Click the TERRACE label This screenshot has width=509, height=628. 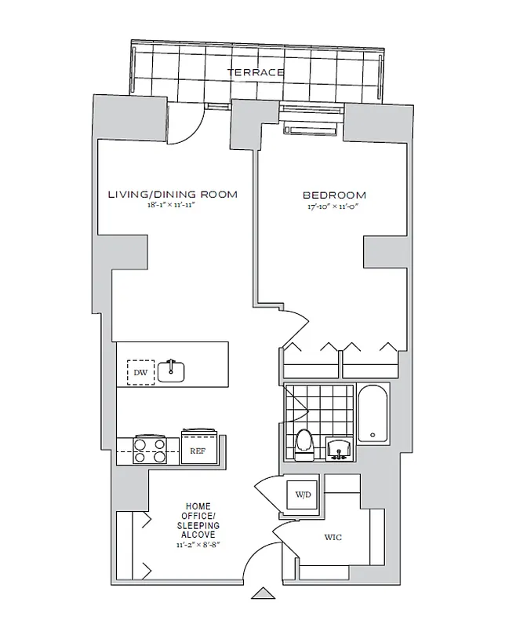pos(255,72)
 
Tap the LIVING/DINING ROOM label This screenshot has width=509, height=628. pos(173,194)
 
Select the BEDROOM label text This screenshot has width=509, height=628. pos(334,195)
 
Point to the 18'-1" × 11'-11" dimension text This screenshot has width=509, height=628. pos(172,206)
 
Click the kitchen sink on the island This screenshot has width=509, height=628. pos(170,370)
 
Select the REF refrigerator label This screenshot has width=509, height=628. pos(197,451)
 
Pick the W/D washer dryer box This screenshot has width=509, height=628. pos(301,495)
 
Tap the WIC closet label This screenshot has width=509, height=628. pos(333,538)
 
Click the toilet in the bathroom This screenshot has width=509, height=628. pos(305,444)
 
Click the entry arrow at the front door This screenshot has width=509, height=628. pos(264,594)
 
